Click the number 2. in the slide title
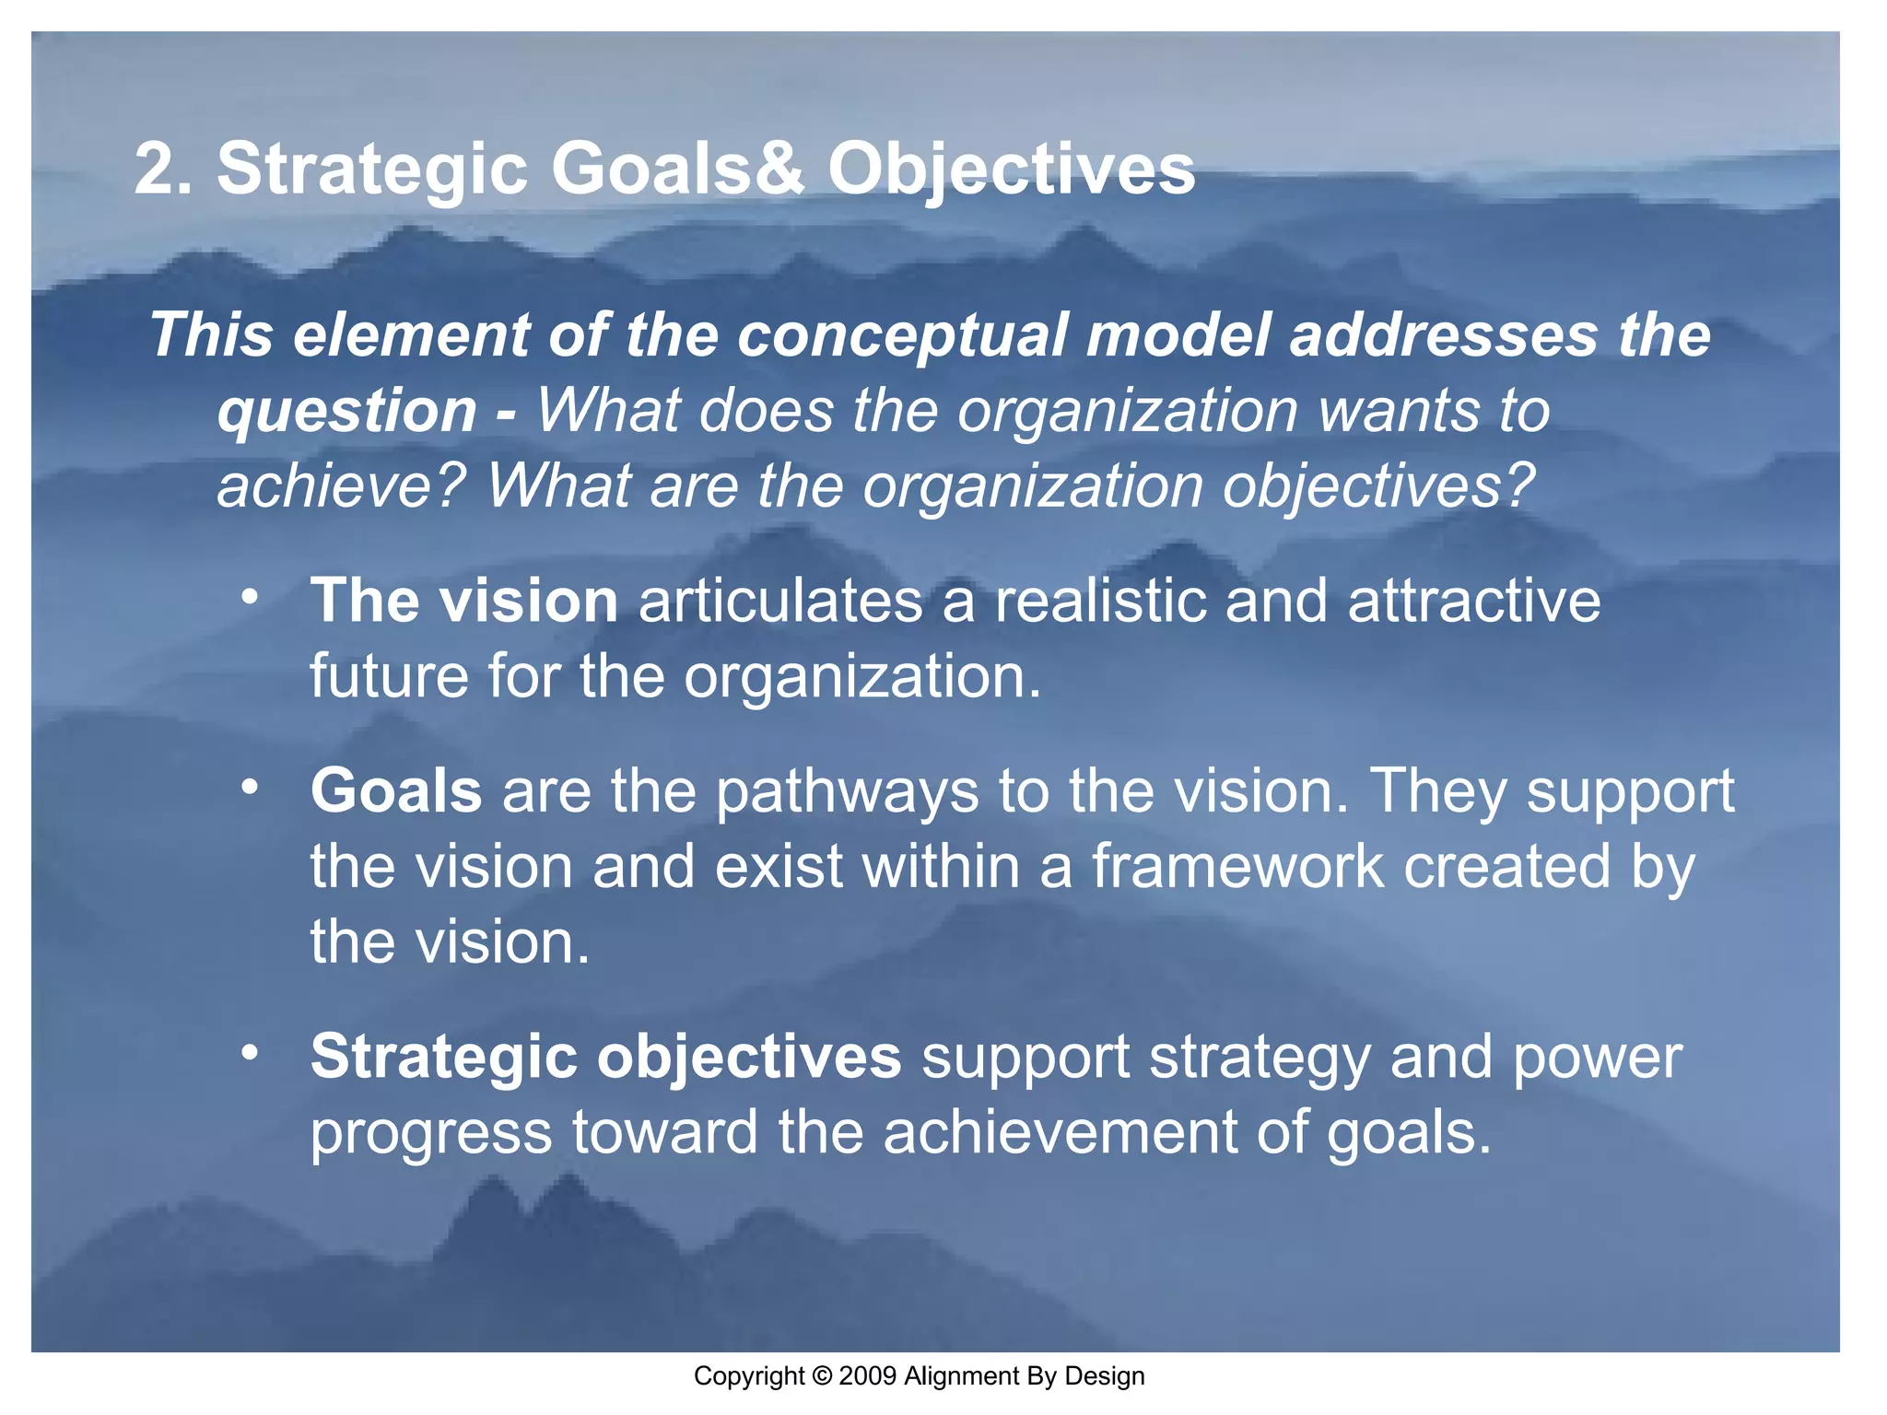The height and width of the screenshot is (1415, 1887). point(163,170)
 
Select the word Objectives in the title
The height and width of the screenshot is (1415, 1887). point(1011,171)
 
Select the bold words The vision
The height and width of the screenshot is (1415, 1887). point(463,601)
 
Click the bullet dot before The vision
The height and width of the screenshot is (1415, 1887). point(249,596)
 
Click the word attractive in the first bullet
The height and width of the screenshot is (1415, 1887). point(1473,601)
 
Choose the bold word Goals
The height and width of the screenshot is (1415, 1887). point(396,790)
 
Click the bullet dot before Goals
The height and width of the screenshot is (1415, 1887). point(249,787)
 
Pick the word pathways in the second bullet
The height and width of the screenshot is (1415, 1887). point(847,792)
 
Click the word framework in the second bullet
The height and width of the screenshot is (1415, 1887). point(1237,867)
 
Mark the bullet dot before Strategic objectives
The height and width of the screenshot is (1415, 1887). point(249,1052)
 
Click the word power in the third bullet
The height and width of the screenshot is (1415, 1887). point(1597,1058)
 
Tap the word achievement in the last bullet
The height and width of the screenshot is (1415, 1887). point(1060,1132)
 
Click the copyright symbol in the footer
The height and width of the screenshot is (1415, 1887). point(822,1376)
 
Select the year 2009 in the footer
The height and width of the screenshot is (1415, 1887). point(868,1376)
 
